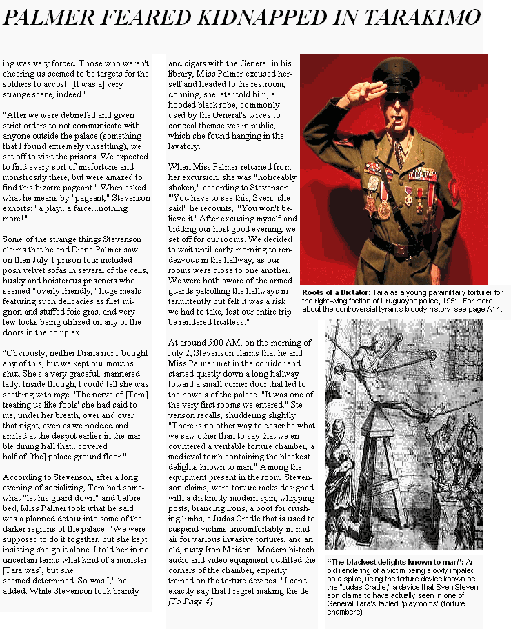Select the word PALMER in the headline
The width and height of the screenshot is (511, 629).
pyautogui.click(x=49, y=18)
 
